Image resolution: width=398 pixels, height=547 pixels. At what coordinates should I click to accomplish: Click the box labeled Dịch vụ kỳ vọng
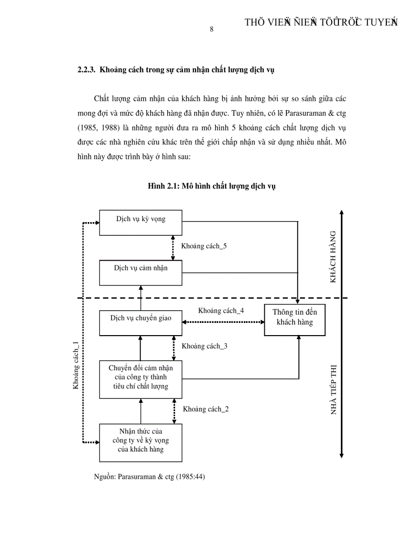coord(140,223)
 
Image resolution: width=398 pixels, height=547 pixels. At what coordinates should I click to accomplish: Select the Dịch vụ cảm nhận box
coord(140,272)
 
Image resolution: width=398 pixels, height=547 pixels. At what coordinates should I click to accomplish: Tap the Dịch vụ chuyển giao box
coord(140,322)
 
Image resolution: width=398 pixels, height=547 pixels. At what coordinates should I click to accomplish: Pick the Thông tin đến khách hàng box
coord(294,320)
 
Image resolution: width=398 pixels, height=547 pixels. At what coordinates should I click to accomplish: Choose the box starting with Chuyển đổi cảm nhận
coord(140,379)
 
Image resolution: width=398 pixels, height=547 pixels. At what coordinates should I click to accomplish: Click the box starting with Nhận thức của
coord(140,442)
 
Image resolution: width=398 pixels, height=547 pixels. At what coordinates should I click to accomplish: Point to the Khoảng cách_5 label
coord(204,246)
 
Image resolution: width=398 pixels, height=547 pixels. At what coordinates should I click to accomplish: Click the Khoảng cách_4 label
coord(221,310)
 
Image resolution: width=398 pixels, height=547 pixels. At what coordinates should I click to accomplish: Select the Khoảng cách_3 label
coord(204,346)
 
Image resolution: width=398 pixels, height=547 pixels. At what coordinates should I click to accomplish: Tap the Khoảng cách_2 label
coord(206,409)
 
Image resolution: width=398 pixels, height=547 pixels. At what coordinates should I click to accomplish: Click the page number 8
coord(212,29)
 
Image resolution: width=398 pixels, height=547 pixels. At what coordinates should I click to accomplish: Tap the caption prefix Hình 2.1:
coord(164,186)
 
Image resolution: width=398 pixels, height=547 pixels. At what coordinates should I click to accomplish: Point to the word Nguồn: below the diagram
coord(105,477)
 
